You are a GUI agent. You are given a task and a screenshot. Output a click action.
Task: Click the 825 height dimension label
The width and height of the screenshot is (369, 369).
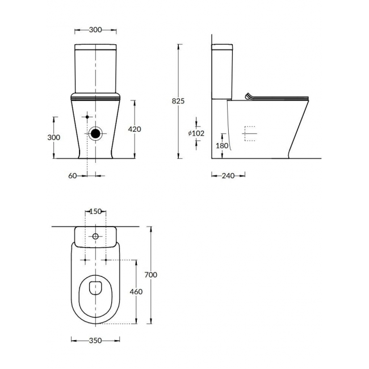[x=178, y=101]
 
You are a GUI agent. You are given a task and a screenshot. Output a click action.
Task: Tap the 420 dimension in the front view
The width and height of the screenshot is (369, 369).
[x=135, y=129]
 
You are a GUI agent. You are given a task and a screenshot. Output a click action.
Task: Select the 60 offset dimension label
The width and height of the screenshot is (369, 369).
[x=73, y=176]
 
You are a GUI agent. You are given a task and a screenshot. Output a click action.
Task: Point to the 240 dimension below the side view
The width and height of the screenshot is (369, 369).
[x=228, y=176]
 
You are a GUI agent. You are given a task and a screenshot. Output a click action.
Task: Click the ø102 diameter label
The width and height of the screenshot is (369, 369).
[x=196, y=133]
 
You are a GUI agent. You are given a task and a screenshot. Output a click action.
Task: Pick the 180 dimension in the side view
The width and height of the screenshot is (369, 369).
[x=222, y=146]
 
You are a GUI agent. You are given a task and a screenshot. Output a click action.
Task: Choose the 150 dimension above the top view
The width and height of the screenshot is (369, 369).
[x=95, y=212]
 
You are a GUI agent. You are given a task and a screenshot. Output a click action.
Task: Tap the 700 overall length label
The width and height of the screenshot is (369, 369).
[x=150, y=275]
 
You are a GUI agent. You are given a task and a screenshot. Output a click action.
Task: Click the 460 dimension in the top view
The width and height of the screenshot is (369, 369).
[x=136, y=292]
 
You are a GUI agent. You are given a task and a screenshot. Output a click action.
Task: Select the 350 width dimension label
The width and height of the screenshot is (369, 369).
[x=95, y=341]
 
